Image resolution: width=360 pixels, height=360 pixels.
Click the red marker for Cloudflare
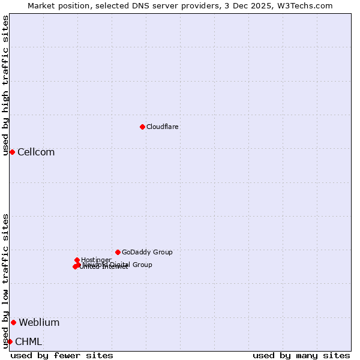click(x=142, y=127)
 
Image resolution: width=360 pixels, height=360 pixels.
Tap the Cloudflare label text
click(x=163, y=127)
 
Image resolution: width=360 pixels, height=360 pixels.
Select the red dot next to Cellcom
click(x=12, y=152)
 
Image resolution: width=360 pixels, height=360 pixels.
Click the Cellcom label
click(x=36, y=152)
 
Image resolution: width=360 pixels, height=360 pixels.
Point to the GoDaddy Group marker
click(x=118, y=252)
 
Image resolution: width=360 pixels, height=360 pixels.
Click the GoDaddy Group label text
click(x=147, y=252)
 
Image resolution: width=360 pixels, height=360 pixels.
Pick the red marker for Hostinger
click(x=77, y=260)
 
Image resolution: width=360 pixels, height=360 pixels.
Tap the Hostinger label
click(x=96, y=260)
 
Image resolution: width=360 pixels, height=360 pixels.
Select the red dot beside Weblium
click(x=13, y=322)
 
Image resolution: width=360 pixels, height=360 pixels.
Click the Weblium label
click(x=39, y=322)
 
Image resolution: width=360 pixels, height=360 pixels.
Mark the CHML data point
click(x=10, y=341)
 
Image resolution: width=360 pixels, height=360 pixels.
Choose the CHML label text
click(x=28, y=341)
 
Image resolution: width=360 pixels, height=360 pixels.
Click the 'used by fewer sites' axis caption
click(x=62, y=355)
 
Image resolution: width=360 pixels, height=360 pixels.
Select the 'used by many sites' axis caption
click(x=301, y=355)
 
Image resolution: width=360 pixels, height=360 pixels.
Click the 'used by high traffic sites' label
click(x=5, y=85)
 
